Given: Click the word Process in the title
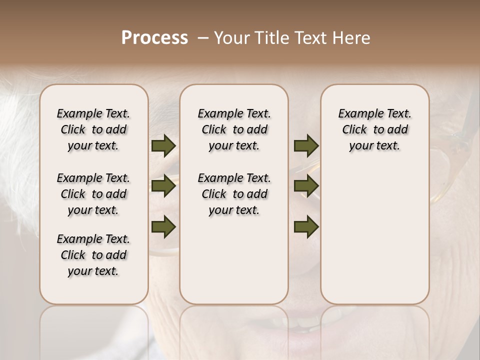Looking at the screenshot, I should pyautogui.click(x=154, y=38).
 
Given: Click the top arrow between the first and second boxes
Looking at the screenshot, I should pyautogui.click(x=163, y=146).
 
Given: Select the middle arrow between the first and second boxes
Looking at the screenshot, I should pyautogui.click(x=163, y=186).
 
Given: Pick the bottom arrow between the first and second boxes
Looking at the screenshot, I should pyautogui.click(x=163, y=227).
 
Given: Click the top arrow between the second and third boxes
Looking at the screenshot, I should pyautogui.click(x=306, y=146).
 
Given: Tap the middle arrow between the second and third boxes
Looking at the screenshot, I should pyautogui.click(x=306, y=186).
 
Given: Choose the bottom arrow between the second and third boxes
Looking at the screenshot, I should pyautogui.click(x=306, y=227).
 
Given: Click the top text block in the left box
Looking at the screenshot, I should pyautogui.click(x=93, y=129).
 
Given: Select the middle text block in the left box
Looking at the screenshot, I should pyautogui.click(x=93, y=194).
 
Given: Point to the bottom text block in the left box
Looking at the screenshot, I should pyautogui.click(x=93, y=255).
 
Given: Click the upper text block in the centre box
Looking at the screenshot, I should pyautogui.click(x=234, y=129).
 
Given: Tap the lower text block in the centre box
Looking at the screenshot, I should pyautogui.click(x=234, y=194).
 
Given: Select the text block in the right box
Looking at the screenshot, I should pyautogui.click(x=375, y=129).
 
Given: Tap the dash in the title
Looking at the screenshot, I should pyautogui.click(x=203, y=38).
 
